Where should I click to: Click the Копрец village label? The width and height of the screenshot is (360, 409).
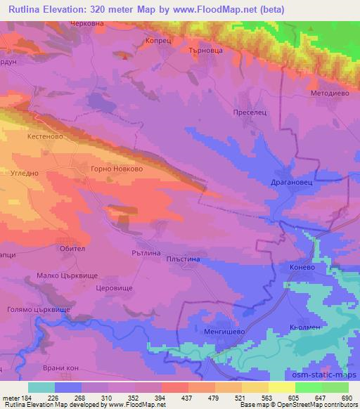[x=158, y=41]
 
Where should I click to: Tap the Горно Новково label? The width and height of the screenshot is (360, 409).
[x=117, y=169]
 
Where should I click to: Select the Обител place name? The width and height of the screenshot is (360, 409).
[x=72, y=248]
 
